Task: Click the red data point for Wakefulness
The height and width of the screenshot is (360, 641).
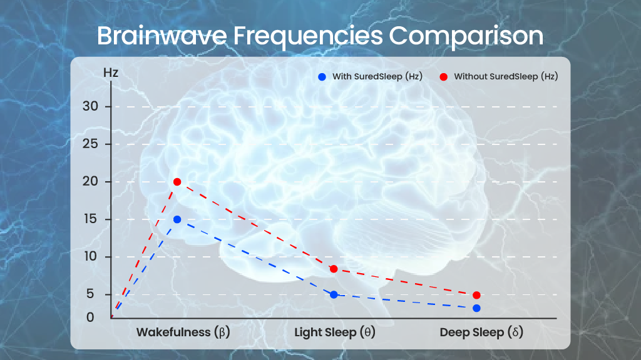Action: pyautogui.click(x=177, y=182)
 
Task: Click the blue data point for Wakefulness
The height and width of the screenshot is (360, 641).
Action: pyautogui.click(x=177, y=219)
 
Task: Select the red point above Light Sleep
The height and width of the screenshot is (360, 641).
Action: pyautogui.click(x=334, y=269)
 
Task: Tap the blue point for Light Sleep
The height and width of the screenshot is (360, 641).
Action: pyautogui.click(x=334, y=295)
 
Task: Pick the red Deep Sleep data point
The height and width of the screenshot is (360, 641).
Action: pyautogui.click(x=476, y=295)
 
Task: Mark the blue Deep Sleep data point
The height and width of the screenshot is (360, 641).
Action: pyautogui.click(x=476, y=308)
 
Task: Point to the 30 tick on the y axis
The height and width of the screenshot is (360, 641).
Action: pyautogui.click(x=90, y=106)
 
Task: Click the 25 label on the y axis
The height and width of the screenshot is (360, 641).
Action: pyautogui.click(x=90, y=144)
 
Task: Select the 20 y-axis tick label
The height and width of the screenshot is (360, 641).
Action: pyautogui.click(x=90, y=182)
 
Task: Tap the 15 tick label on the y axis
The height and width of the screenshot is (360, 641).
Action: pyautogui.click(x=90, y=219)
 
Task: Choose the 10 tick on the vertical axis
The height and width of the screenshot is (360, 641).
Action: pyautogui.click(x=90, y=257)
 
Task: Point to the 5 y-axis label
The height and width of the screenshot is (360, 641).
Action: pyautogui.click(x=90, y=294)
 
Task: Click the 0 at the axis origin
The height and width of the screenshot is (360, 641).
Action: pyautogui.click(x=90, y=317)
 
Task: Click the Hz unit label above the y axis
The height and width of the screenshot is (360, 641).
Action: pyautogui.click(x=110, y=72)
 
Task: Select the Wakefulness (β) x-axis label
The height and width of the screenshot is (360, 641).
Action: pyautogui.click(x=183, y=332)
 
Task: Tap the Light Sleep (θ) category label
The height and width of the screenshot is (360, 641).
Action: pyautogui.click(x=335, y=332)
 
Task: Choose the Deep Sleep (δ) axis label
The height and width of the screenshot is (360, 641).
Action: pyautogui.click(x=481, y=332)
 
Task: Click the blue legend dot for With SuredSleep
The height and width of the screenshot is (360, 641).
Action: pyautogui.click(x=322, y=77)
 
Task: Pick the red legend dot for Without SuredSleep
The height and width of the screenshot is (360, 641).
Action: pyautogui.click(x=444, y=77)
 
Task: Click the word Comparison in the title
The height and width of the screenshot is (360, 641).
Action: pyautogui.click(x=466, y=36)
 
